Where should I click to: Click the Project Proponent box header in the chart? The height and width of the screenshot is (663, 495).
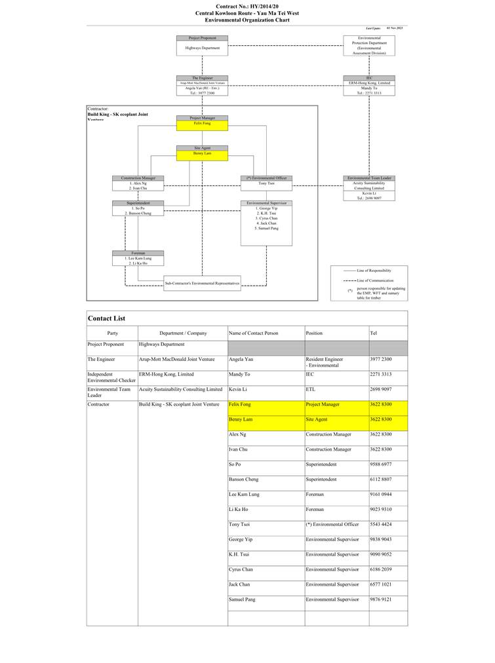tap(203, 38)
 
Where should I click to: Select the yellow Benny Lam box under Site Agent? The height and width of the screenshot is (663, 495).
tap(203, 155)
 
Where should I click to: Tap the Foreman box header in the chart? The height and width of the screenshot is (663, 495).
tap(138, 253)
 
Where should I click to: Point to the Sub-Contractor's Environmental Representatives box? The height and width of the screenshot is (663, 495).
tap(202, 283)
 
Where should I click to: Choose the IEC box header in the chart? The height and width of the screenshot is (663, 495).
tap(369, 78)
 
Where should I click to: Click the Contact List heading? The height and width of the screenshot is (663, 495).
tap(106, 318)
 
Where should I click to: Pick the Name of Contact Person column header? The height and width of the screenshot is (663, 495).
tap(254, 333)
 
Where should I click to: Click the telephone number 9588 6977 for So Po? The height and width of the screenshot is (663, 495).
tap(381, 464)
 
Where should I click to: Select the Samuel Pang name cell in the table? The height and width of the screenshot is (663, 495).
tap(242, 599)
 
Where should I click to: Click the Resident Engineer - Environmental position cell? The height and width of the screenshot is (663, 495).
tap(325, 362)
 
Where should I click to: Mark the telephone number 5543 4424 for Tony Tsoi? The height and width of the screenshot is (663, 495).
tap(381, 524)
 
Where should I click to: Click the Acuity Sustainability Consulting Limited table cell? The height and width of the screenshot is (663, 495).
tap(181, 389)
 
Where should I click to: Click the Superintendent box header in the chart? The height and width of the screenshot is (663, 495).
tap(138, 203)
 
